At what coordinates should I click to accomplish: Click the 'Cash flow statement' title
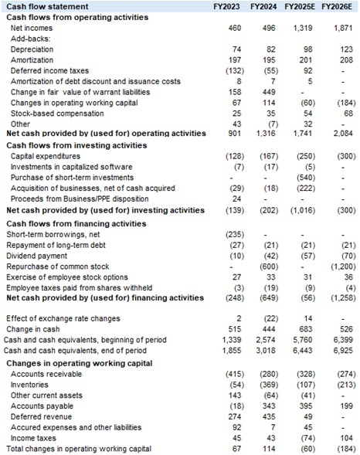[x=43, y=6]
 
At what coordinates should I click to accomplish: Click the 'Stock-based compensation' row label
[x=54, y=112]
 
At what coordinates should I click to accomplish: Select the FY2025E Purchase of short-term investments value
[x=306, y=177]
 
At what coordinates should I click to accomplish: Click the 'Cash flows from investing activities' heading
[x=72, y=144]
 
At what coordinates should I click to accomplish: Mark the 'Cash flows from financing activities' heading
[x=73, y=220]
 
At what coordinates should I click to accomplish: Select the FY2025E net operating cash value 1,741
[x=304, y=134]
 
